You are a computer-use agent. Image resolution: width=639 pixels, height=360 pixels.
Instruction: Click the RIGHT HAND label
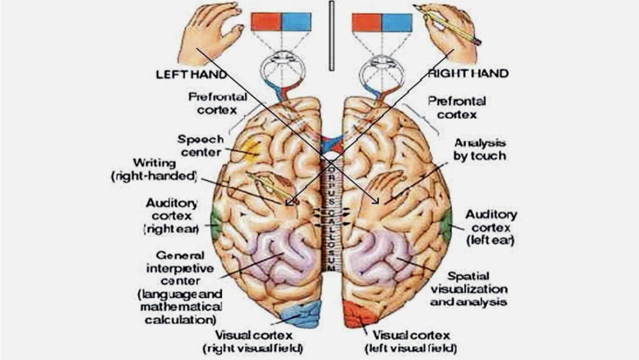[469, 73]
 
